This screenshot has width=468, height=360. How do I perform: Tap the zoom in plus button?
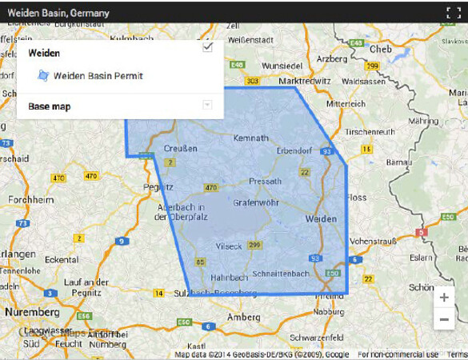[444, 298]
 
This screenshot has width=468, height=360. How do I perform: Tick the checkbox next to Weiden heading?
[208, 48]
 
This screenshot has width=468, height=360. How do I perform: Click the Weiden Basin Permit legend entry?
[98, 76]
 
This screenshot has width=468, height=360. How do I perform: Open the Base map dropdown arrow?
[207, 105]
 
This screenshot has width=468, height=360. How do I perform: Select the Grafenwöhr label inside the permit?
[255, 202]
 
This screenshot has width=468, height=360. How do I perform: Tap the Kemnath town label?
[250, 138]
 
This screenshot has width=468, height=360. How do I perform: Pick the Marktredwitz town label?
[305, 81]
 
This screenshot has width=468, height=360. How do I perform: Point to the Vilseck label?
[228, 246]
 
